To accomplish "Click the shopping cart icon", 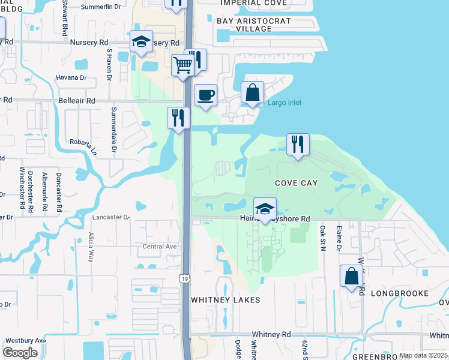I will point(183,64).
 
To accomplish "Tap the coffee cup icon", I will point(206,95).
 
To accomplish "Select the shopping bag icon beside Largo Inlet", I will point(253,92).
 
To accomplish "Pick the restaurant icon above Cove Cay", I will point(298,145).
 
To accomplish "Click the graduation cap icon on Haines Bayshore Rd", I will point(265,209).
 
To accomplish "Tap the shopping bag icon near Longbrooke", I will point(352,277).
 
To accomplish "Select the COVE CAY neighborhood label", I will point(296,182).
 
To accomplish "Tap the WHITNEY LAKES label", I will point(226,299).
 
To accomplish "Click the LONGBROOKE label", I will point(400,293).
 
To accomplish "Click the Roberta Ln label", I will point(83,146).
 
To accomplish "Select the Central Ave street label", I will point(160,246).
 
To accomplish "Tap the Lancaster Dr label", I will point(112,217).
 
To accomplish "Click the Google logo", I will point(20,353).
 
